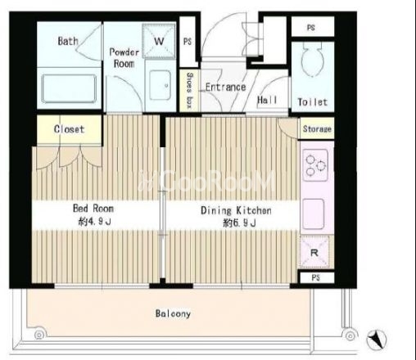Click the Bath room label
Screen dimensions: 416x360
pos(68,41)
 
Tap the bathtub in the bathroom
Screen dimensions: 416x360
pos(69,88)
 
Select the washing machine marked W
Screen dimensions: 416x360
pos(159,41)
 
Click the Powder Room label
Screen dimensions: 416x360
pos(124,58)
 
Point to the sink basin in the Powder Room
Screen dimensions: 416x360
pos(161,85)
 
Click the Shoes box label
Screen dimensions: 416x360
pos(189,90)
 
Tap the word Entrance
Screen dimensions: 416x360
pos(226,88)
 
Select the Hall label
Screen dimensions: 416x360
pos(267,100)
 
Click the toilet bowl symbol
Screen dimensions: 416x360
pos(313,60)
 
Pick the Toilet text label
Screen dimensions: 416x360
pos(313,102)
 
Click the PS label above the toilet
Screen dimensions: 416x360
pos(311,28)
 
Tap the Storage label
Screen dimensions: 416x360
pos(317,128)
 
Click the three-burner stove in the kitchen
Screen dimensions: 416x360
pos(315,165)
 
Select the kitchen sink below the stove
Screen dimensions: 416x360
pos(314,214)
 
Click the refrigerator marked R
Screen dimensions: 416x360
pos(314,253)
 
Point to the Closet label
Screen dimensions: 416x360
pos(69,129)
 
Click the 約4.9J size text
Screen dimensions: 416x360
pos(94,222)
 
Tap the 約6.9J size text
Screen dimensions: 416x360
pos(239,223)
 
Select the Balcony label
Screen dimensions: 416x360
pos(173,313)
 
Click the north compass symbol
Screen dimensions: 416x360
pos(377,340)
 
